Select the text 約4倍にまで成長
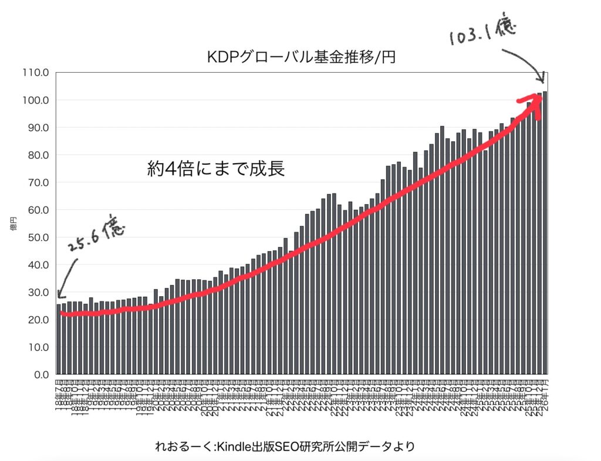tap(216, 169)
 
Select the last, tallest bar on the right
tap(545, 232)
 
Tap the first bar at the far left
tap(59, 339)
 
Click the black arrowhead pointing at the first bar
tap(59, 295)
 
